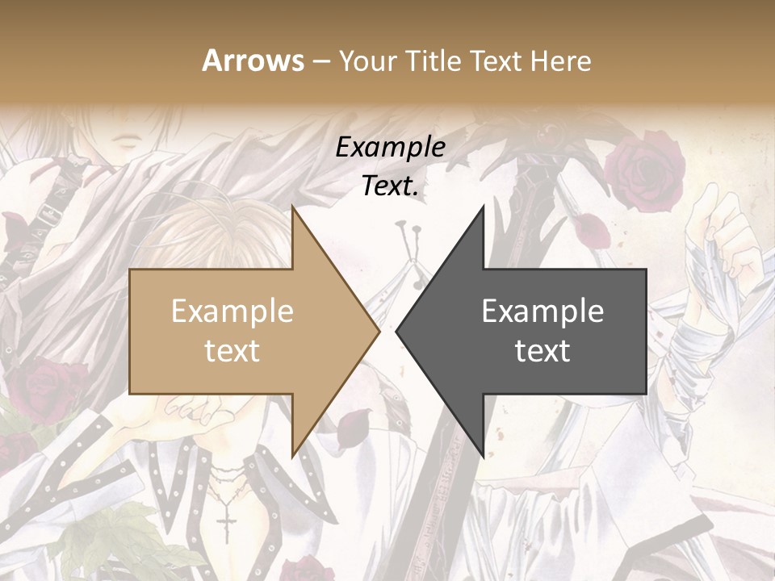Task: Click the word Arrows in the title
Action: pos(253,61)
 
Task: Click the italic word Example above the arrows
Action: pos(390,147)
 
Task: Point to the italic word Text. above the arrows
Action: pos(390,186)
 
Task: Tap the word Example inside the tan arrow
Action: pos(232,311)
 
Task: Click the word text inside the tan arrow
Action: pos(232,350)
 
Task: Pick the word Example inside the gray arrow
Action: pos(542,311)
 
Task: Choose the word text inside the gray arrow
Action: pos(542,350)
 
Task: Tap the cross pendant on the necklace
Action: pos(228,522)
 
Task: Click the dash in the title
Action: pos(320,61)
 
